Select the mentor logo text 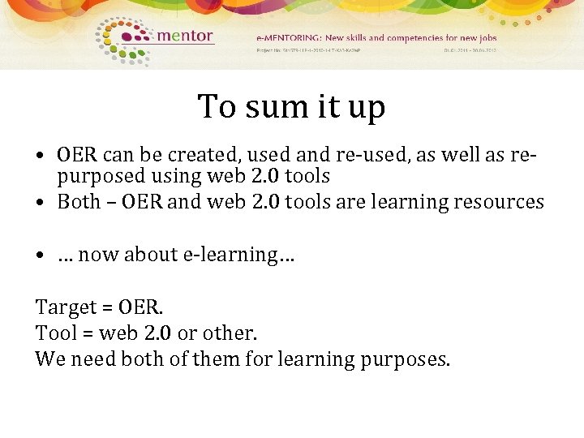point(184,36)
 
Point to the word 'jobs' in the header point(487,37)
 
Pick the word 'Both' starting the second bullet point(79,201)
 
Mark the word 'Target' point(64,308)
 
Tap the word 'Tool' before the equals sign point(54,333)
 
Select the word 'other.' point(232,333)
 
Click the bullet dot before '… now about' point(40,255)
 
